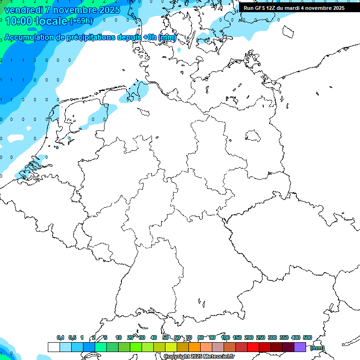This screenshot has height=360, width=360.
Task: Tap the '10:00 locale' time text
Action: pos(36,21)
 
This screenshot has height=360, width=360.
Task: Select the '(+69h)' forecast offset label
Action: pos(81,21)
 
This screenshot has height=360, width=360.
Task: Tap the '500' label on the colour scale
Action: pos(307,337)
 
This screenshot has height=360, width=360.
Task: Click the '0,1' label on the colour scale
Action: pos(60,337)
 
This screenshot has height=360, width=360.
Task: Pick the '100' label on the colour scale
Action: pos(225,337)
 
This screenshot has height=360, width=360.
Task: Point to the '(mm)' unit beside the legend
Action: pos(317,348)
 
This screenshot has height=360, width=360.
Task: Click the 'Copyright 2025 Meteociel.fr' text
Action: pos(199,357)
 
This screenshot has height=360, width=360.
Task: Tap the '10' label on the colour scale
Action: pos(119,337)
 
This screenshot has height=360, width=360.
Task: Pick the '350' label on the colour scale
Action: pos(284,337)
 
